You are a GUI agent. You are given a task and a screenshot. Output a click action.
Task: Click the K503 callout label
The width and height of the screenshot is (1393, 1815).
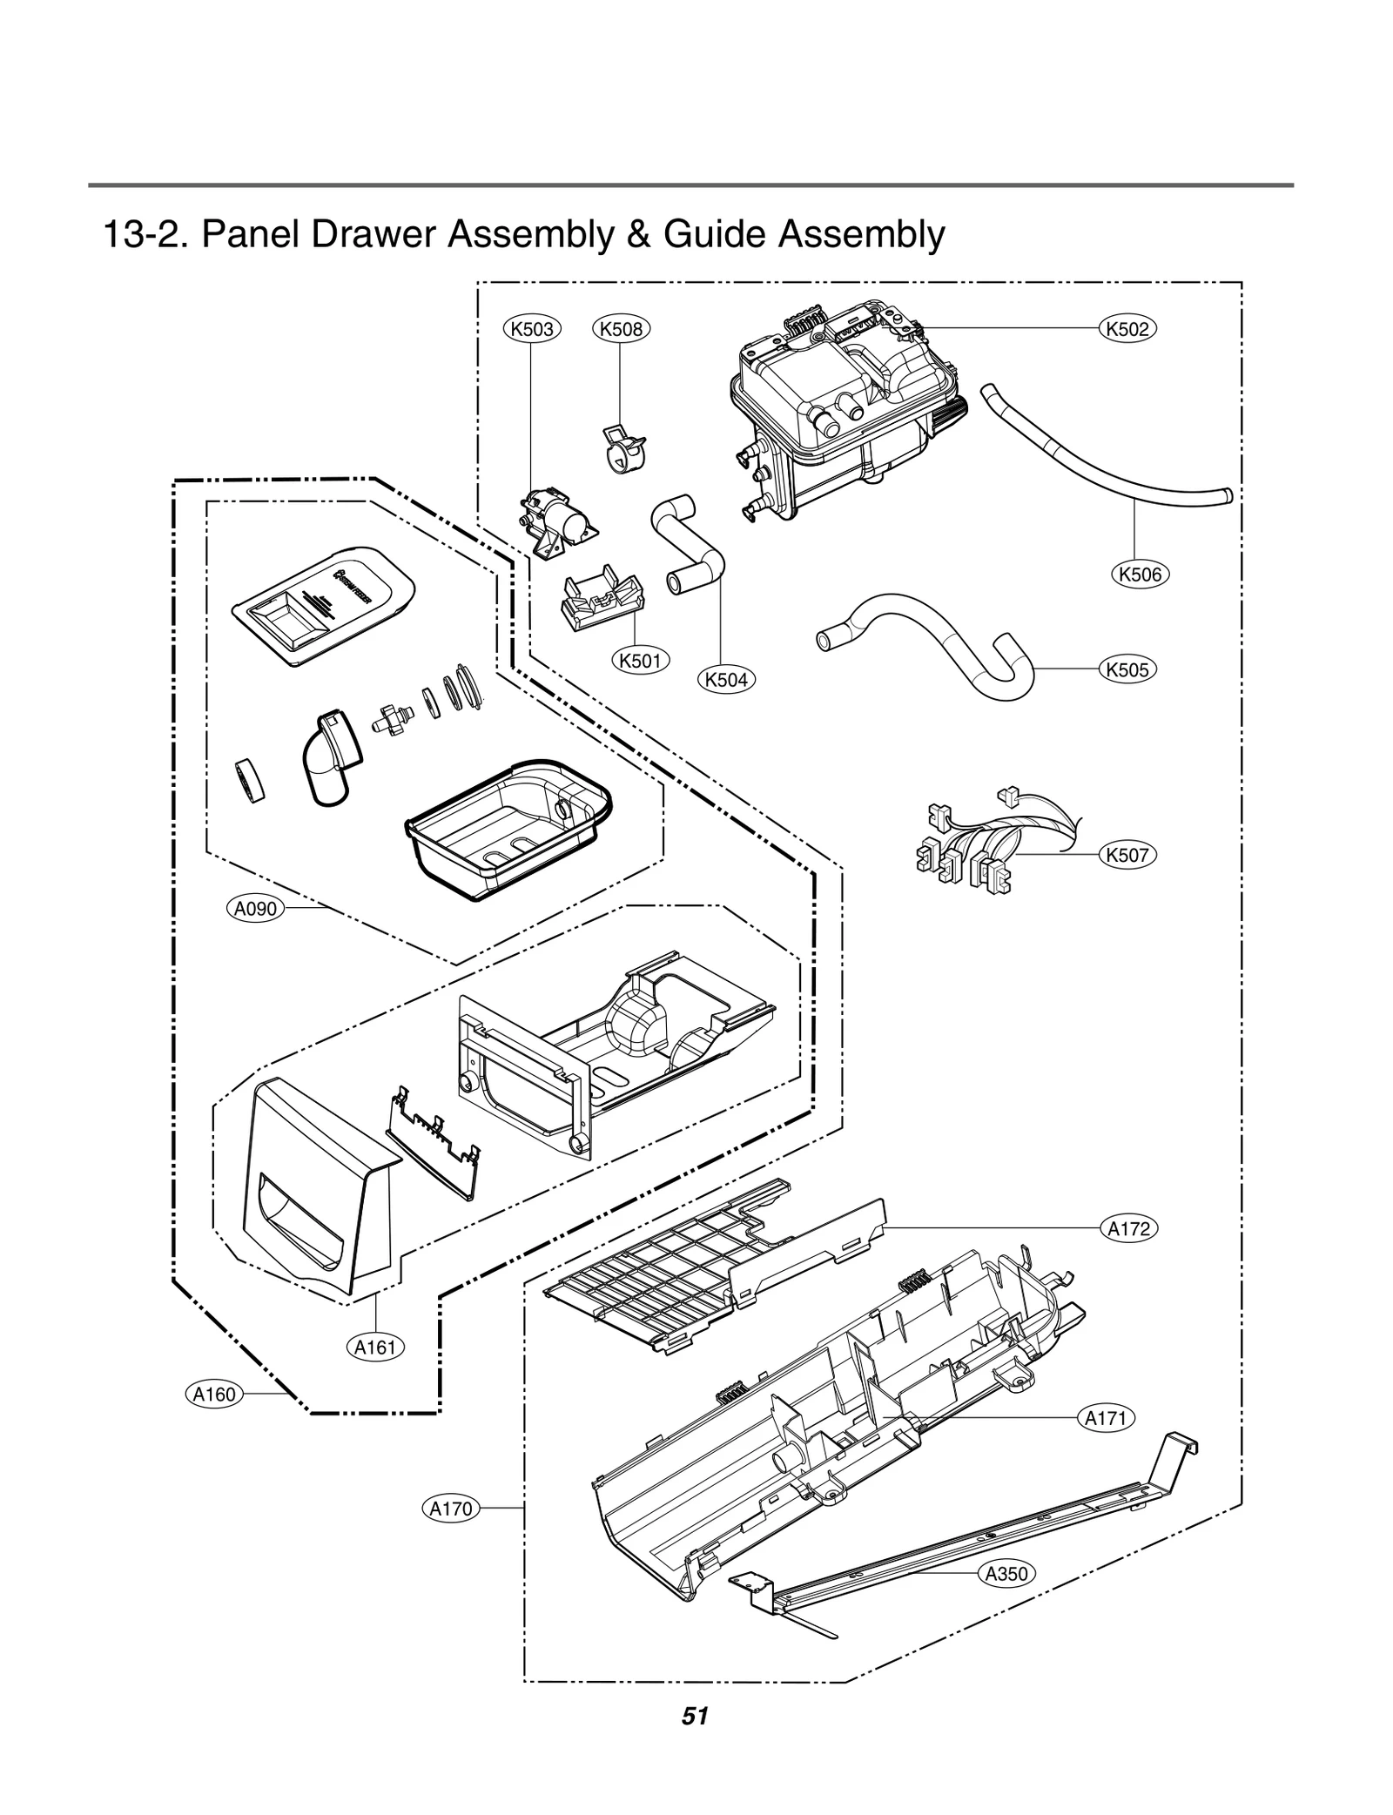(x=532, y=328)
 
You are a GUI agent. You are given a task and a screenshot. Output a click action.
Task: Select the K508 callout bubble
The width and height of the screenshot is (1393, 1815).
(x=621, y=328)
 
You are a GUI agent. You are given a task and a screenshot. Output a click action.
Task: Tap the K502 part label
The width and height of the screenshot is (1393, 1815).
(x=1128, y=328)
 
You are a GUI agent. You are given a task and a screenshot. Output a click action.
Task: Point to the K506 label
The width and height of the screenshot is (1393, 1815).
(x=1140, y=574)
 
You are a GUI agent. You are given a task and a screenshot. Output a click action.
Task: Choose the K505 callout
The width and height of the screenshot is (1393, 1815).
(x=1127, y=669)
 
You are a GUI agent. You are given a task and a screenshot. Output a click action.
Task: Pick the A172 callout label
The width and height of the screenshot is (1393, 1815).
(x=1129, y=1228)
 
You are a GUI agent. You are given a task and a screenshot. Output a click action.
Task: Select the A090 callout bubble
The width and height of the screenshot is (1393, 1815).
(x=256, y=909)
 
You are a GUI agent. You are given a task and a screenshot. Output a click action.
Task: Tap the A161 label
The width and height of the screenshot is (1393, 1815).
(x=375, y=1348)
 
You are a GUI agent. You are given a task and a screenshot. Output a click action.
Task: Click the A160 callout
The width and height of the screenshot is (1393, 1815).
(x=214, y=1394)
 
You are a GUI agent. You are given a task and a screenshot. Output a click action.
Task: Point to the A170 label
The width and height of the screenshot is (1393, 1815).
(x=451, y=1508)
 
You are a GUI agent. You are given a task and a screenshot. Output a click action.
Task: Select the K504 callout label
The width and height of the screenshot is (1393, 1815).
(x=727, y=679)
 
